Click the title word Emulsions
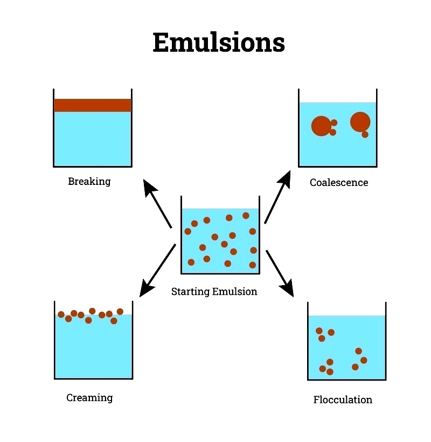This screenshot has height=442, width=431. click(219, 42)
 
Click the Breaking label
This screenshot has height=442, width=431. click(89, 181)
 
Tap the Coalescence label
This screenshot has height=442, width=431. click(339, 182)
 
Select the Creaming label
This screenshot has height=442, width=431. click(89, 398)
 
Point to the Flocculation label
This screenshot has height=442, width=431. click(343, 400)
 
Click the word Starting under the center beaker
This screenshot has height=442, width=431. click(190, 292)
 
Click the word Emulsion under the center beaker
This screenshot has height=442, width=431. click(235, 292)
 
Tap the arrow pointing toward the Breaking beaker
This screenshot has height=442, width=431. click(157, 203)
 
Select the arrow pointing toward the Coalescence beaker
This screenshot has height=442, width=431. click(277, 197)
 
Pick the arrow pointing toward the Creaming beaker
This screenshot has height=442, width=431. click(158, 271)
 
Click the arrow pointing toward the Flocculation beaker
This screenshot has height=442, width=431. click(280, 273)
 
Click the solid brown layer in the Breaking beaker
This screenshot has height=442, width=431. click(93, 105)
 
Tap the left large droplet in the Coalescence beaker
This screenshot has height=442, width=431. click(322, 126)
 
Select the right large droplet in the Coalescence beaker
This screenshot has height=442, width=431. click(360, 122)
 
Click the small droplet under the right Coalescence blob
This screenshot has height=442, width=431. click(365, 134)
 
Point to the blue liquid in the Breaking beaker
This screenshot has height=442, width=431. click(93, 139)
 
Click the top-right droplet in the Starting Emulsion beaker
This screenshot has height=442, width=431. click(246, 216)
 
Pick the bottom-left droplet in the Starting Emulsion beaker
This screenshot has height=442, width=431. click(191, 263)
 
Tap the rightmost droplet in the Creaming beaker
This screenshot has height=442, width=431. click(120, 312)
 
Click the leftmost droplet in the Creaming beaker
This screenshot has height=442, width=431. click(61, 314)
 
